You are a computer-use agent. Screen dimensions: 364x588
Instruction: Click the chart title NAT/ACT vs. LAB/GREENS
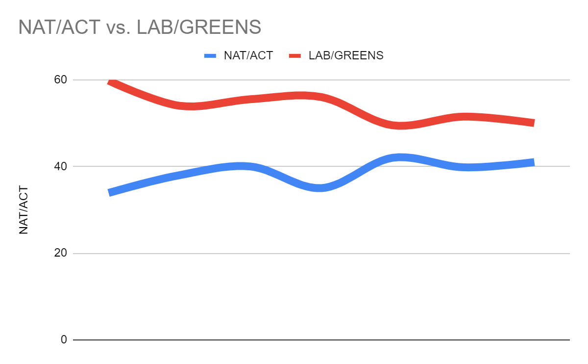[x=140, y=27]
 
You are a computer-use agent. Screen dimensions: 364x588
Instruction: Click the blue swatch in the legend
[x=210, y=55]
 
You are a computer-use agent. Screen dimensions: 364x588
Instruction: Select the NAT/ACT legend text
[x=248, y=55]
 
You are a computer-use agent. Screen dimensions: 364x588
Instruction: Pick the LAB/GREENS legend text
[x=346, y=55]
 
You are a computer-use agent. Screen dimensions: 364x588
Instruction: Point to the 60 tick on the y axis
[x=60, y=79]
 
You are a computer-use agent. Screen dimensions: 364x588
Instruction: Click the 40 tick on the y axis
[x=60, y=166]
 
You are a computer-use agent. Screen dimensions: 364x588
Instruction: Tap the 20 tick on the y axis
[x=60, y=253]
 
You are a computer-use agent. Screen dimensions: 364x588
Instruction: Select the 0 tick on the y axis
[x=64, y=339]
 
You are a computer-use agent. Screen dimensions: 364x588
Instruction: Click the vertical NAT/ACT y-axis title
[x=24, y=210]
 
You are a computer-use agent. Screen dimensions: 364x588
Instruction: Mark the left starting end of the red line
[x=110, y=82]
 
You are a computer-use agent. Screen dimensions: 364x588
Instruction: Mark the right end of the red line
[x=533, y=123]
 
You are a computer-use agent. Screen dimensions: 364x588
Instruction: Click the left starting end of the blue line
[x=110, y=192]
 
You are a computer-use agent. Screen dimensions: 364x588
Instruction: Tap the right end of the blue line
[x=533, y=162]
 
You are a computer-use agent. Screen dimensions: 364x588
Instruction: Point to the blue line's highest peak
[x=400, y=157]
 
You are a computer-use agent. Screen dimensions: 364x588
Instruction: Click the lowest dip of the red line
[x=400, y=126]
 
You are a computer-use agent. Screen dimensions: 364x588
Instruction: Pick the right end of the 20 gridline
[x=569, y=253]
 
